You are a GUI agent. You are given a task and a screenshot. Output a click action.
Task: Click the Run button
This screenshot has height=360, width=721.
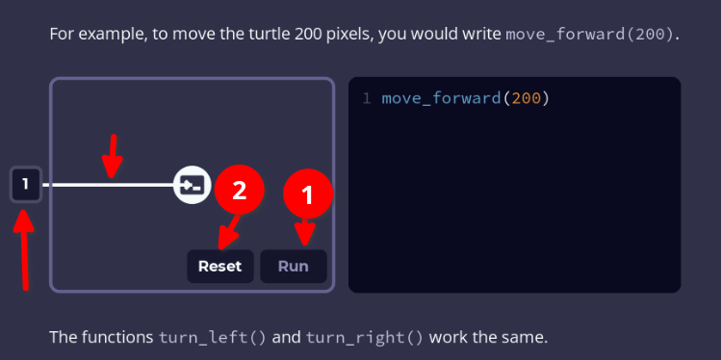click(x=293, y=266)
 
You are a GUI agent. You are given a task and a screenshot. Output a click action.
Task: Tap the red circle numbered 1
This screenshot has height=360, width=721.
click(x=307, y=196)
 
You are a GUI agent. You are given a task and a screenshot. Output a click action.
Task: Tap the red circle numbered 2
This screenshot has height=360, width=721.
click(x=239, y=190)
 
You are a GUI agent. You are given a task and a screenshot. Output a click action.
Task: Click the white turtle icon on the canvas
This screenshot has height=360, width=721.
click(x=192, y=184)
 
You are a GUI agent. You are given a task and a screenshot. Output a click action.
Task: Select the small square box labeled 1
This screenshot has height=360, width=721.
click(x=26, y=184)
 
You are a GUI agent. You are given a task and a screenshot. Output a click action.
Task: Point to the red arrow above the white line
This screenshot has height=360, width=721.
click(x=114, y=155)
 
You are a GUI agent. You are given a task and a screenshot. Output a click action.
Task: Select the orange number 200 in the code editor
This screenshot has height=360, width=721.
click(x=526, y=98)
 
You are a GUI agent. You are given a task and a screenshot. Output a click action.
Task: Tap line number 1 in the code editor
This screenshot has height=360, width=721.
click(x=367, y=98)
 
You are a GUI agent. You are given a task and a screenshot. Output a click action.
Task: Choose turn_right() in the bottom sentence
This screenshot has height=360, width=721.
click(x=365, y=338)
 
